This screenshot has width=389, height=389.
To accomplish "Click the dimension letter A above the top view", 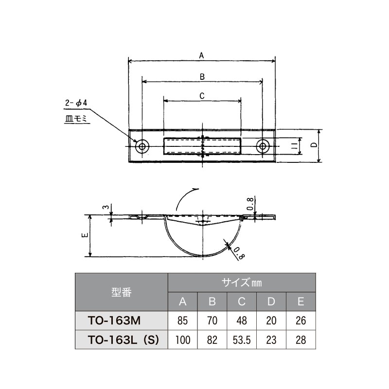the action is [201, 55].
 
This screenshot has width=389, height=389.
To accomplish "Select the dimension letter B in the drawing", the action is [202, 77].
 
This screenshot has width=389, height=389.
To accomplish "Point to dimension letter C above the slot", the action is [202, 96].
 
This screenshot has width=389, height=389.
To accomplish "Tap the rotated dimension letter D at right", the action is [314, 145].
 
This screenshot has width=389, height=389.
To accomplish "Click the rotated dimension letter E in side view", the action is [85, 235].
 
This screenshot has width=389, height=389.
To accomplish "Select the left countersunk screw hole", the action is [142, 146].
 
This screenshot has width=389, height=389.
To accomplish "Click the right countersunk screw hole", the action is [263, 146].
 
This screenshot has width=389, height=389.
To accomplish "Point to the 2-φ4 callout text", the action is [76, 103].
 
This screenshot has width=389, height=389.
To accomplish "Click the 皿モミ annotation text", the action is [76, 119].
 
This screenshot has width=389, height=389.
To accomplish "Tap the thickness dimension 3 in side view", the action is [106, 207].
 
